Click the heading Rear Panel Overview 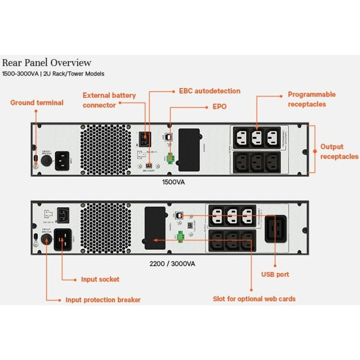pyautogui.click(x=47, y=63)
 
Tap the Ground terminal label pyautogui.click(x=37, y=103)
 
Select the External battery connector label pyautogui.click(x=109, y=100)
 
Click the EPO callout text pyautogui.click(x=219, y=107)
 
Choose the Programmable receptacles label pyautogui.click(x=311, y=99)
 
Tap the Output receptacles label pyautogui.click(x=339, y=152)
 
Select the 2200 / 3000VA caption pyautogui.click(x=172, y=263)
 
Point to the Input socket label pyautogui.click(x=100, y=279)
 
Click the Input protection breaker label pyautogui.click(x=103, y=300)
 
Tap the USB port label pyautogui.click(x=275, y=275)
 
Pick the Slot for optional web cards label pyautogui.click(x=254, y=299)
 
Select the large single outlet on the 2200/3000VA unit pyautogui.click(x=275, y=229)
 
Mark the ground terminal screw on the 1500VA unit pyautogui.click(x=36, y=165)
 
